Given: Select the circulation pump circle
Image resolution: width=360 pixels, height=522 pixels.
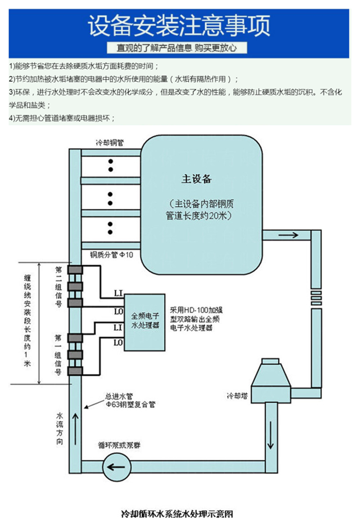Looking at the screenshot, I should [116, 466].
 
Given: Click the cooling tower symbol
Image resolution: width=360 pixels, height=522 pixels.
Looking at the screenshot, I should [271, 378].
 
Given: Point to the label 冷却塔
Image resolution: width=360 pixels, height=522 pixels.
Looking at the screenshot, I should [236, 396].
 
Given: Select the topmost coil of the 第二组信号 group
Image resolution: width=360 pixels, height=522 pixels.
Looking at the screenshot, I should [75, 270].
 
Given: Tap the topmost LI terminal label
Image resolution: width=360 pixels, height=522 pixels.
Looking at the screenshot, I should [118, 293].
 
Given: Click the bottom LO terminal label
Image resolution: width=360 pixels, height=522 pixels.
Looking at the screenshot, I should [118, 343].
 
